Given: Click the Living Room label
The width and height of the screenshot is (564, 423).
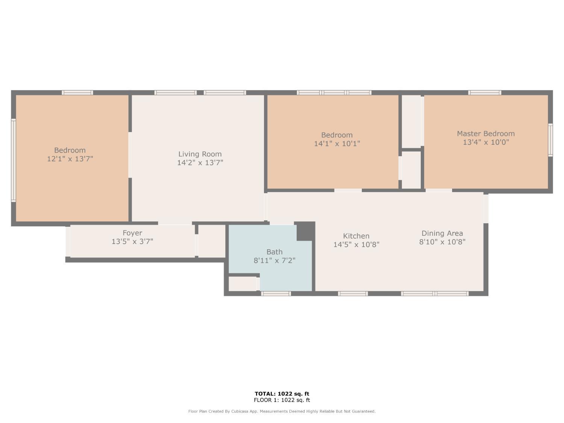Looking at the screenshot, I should tap(200, 154).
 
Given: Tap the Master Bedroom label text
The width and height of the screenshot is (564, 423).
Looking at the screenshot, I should tap(485, 134).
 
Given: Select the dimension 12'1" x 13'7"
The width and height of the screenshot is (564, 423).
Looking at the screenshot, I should tap(70, 159).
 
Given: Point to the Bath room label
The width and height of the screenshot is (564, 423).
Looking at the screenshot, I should tap(274, 252).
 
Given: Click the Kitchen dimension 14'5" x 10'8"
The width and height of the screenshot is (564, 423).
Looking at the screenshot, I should tap(356, 244).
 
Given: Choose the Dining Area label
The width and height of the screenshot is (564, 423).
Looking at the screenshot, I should tap(442, 233).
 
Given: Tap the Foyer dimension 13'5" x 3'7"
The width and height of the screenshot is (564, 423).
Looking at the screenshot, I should tap(132, 241).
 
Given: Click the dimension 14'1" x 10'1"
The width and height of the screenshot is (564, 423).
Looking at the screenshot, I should tap(337, 144).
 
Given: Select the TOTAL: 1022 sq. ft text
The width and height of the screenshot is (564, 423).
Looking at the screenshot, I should tap(282, 394).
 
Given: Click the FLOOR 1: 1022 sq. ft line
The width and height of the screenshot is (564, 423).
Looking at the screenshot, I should tap(282, 400).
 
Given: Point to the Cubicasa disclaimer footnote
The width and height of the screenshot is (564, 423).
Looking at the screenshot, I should tap(282, 411).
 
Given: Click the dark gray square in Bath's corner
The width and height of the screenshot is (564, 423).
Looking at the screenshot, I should tap(305, 231).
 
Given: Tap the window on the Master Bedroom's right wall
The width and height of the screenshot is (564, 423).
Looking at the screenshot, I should tap(550, 140).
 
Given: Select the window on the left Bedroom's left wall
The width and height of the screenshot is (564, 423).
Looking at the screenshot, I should tap(14, 161).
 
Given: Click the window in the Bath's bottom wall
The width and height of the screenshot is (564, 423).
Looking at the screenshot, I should tap(276, 294).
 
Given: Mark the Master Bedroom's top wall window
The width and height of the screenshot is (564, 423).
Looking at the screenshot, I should tap(484, 92).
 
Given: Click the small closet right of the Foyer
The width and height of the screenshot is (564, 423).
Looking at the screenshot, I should tap(211, 241).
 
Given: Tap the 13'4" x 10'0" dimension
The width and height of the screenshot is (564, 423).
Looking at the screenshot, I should tap(485, 142).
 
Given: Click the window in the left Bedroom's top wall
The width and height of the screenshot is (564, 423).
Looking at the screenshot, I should tap(77, 92).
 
